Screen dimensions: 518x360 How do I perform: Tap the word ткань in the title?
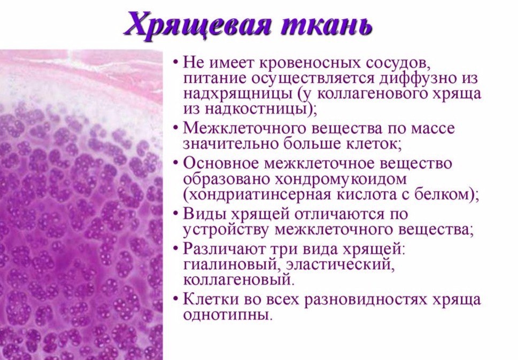click(x=327, y=24)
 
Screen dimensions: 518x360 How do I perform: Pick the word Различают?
click(x=224, y=249)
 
